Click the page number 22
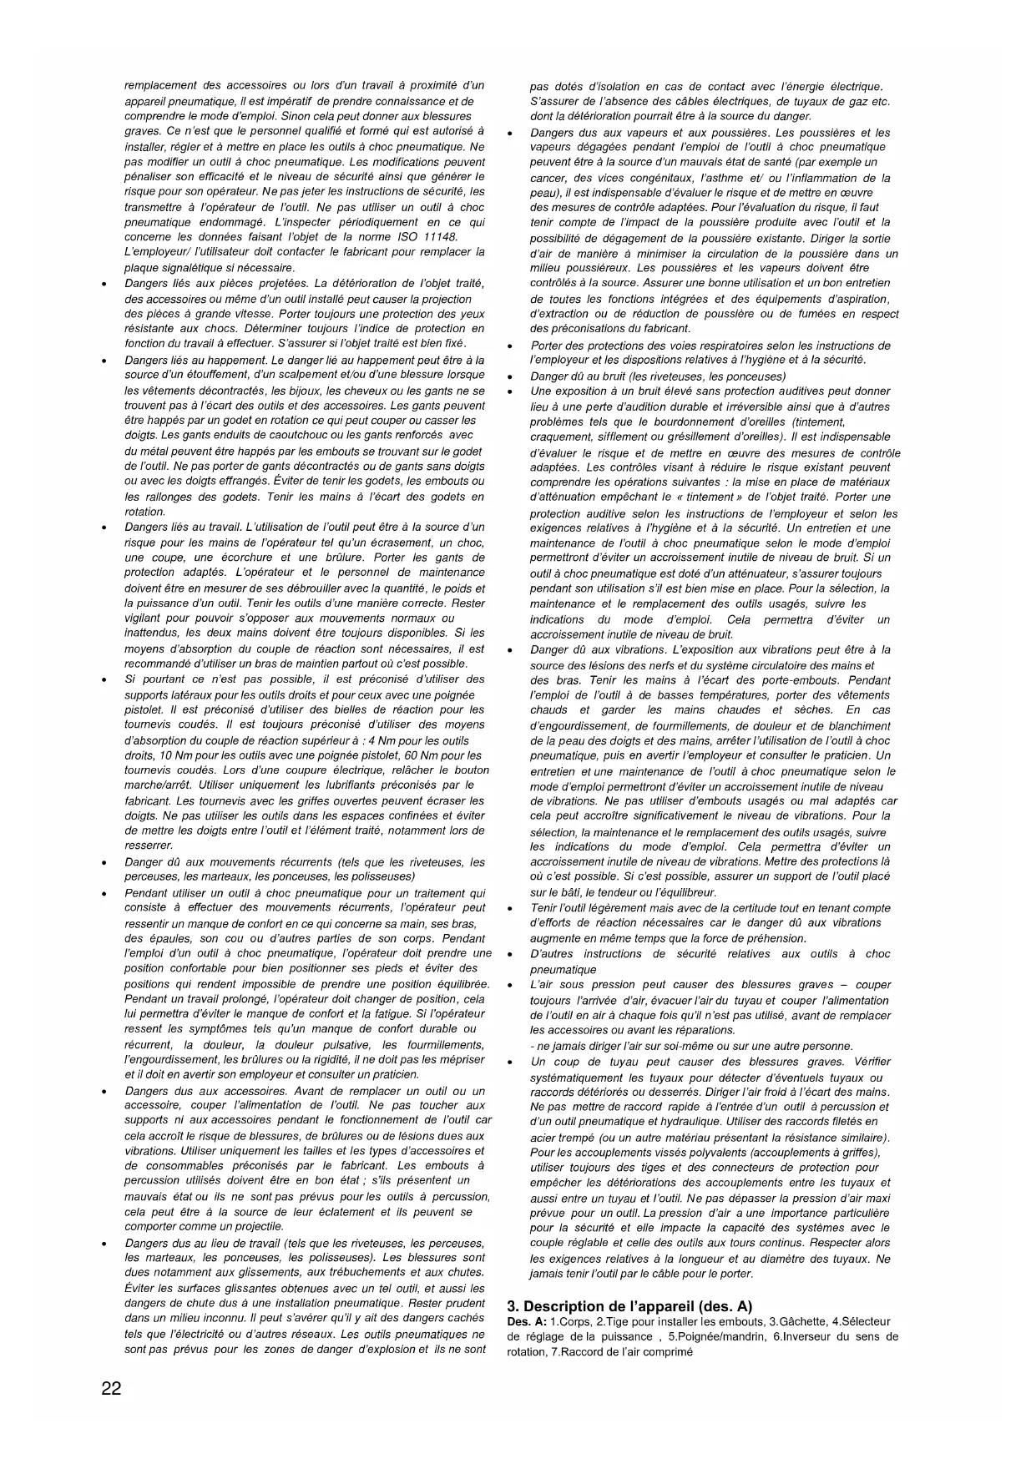coord(111,1389)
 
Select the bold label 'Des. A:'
coord(527,1321)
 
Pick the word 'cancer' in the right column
coord(548,178)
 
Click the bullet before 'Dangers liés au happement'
coord(103,361)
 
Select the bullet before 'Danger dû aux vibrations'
coord(509,650)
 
